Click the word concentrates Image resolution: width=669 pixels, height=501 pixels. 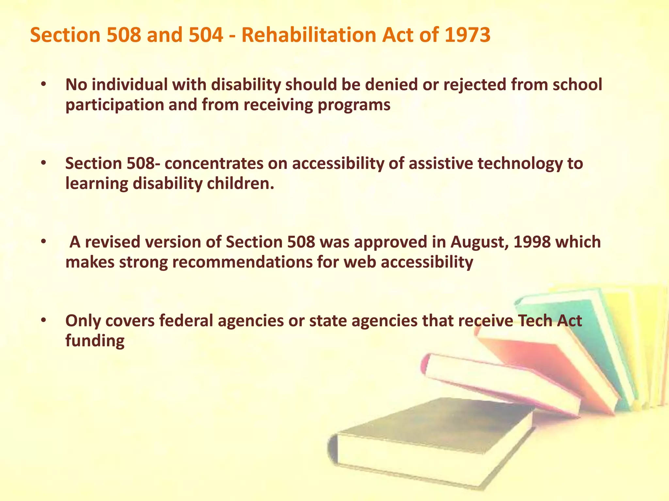point(214,163)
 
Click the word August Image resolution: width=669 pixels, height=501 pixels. point(479,242)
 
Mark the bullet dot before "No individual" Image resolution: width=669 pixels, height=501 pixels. point(44,84)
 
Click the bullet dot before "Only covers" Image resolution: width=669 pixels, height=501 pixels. point(44,321)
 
